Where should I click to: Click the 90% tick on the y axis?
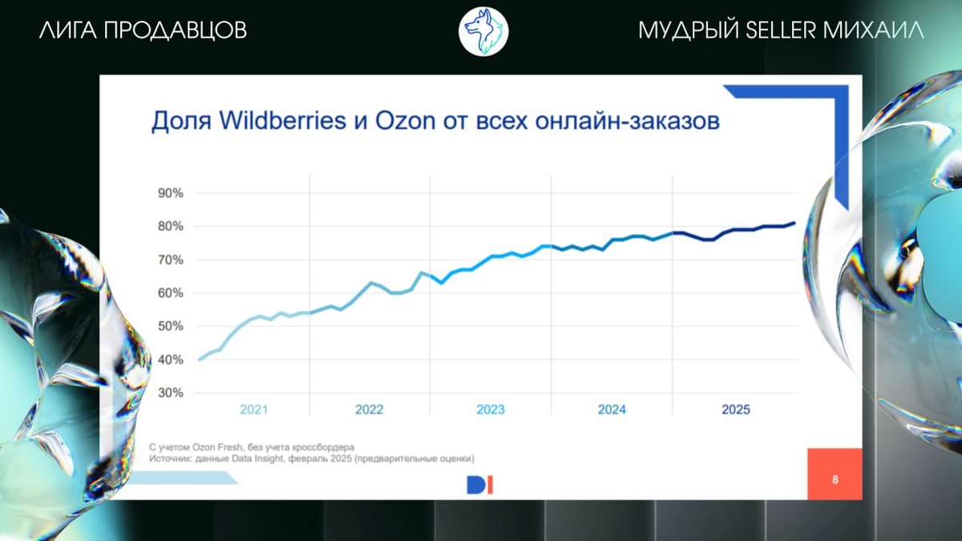click(x=171, y=193)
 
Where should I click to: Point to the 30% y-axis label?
click(x=171, y=393)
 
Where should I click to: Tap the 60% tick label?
click(x=171, y=293)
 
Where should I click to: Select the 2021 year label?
click(x=254, y=410)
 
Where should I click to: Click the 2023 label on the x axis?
click(x=491, y=410)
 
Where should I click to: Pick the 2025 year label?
click(x=736, y=410)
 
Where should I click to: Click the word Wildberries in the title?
click(x=282, y=121)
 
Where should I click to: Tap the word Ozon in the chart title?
click(x=406, y=121)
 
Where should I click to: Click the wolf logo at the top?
click(x=483, y=32)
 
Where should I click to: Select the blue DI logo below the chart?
click(x=479, y=485)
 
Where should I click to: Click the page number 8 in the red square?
click(x=835, y=479)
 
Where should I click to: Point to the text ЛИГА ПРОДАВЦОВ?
click(x=143, y=30)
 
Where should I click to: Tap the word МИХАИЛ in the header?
click(x=874, y=30)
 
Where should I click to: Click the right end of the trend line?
click(x=794, y=223)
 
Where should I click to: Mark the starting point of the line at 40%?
click(x=200, y=360)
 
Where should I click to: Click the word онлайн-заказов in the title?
click(x=628, y=121)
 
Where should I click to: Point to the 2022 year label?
click(x=370, y=410)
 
